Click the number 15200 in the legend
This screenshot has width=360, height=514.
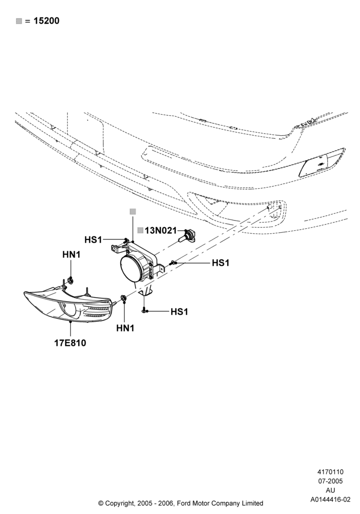(46, 21)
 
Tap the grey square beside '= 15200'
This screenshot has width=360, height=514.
(19, 21)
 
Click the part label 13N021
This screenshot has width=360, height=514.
(160, 230)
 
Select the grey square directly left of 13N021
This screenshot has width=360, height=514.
(140, 230)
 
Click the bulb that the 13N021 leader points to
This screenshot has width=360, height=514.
(187, 236)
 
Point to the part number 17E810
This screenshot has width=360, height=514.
(70, 343)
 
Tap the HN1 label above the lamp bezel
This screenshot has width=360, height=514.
(71, 254)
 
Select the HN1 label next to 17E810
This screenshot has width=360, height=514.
(125, 328)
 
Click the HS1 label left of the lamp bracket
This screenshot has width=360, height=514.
(93, 240)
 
